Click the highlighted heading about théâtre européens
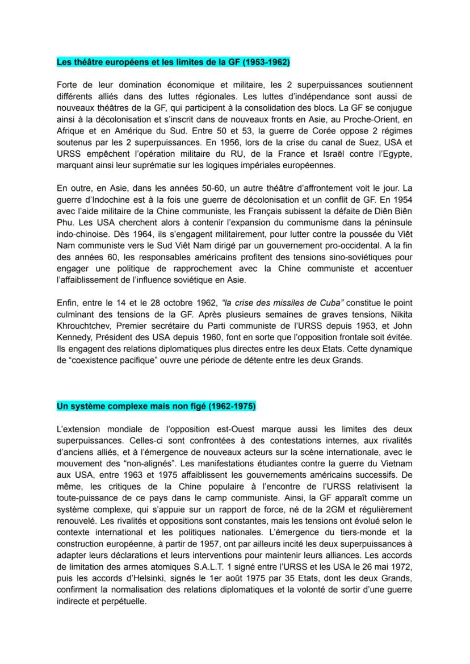(x=173, y=62)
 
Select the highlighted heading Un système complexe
(x=156, y=406)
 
